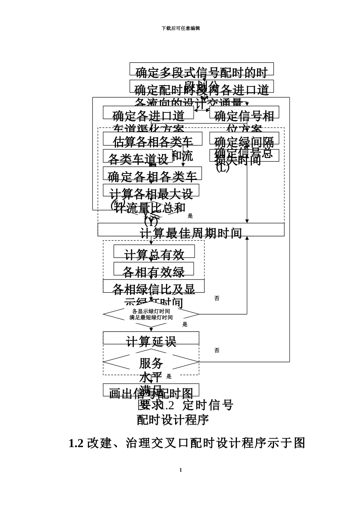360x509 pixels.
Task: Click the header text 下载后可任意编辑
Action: click(x=180, y=28)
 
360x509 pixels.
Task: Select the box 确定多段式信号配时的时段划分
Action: click(x=202, y=69)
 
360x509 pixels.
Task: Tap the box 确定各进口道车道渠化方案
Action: click(x=148, y=112)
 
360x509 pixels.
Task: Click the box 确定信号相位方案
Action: click(x=244, y=112)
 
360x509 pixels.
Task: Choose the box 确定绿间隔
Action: click(x=244, y=139)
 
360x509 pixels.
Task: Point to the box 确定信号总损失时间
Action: click(x=244, y=155)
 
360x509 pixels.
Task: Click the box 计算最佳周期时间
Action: click(x=191, y=230)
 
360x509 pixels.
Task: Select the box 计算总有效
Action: click(x=154, y=251)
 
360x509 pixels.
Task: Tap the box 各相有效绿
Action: click(x=153, y=269)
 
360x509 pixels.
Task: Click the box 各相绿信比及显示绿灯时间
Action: click(x=153, y=286)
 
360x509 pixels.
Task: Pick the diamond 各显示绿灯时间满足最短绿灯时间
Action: click(x=151, y=314)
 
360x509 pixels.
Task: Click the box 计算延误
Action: click(x=151, y=338)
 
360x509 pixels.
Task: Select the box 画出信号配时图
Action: click(x=151, y=390)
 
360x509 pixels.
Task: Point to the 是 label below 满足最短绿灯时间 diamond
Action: click(x=185, y=325)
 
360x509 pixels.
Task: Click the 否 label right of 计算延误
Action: click(x=217, y=351)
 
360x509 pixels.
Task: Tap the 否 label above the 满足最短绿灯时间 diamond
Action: click(x=217, y=298)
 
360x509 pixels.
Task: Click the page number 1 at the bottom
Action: click(x=180, y=470)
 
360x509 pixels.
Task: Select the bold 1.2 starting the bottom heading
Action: click(x=77, y=443)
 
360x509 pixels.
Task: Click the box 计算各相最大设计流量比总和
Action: click(x=151, y=190)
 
